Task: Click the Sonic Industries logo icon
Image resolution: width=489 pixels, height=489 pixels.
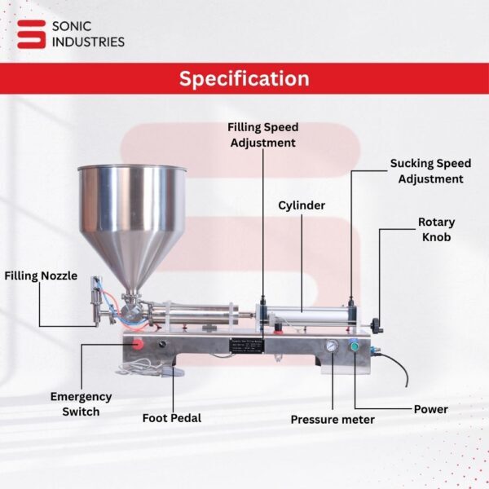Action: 32,33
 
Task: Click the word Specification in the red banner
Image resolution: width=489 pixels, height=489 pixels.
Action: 244,79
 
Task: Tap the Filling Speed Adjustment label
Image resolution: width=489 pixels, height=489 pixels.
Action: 262,134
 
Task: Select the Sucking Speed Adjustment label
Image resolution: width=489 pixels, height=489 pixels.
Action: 430,171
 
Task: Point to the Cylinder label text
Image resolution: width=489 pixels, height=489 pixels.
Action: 302,205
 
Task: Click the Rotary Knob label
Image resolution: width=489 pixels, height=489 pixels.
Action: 436,229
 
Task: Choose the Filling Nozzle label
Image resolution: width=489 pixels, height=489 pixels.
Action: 41,276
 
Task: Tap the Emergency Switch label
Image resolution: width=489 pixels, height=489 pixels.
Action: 81,404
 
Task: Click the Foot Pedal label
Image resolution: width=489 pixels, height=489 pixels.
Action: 171,418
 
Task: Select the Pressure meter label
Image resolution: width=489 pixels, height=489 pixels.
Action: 333,420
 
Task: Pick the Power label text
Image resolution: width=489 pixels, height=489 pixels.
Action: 430,409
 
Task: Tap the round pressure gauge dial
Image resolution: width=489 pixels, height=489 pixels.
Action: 332,346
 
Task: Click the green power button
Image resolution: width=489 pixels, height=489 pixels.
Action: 355,346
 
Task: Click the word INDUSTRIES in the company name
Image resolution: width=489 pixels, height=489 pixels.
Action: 87,42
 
